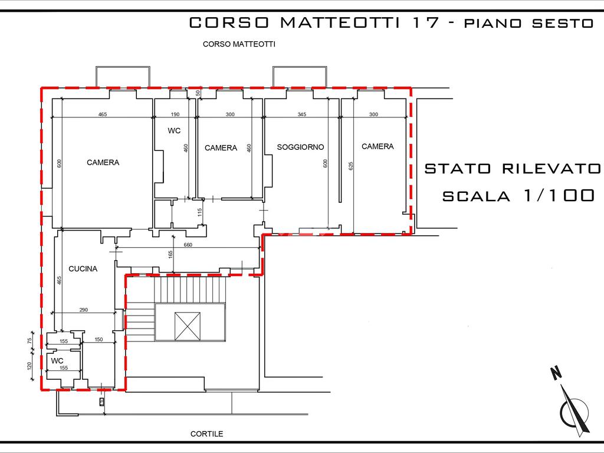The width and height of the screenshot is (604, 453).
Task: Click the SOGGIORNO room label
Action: [300, 147]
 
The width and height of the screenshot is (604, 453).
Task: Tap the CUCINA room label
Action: [83, 269]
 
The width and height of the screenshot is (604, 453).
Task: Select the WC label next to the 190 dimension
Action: [174, 131]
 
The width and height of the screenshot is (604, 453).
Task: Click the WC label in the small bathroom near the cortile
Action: [57, 361]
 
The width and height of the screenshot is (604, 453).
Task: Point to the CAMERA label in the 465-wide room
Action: [103, 163]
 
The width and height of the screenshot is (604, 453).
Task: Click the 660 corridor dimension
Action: [188, 245]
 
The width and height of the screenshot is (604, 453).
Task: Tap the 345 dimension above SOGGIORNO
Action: [302, 114]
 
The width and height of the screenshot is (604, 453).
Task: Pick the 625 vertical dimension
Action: [351, 166]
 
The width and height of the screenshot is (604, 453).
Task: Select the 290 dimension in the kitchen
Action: [84, 309]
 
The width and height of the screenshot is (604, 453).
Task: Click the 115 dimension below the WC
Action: [199, 212]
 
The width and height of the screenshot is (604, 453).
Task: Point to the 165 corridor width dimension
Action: [170, 255]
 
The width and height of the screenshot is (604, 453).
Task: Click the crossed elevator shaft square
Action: [188, 326]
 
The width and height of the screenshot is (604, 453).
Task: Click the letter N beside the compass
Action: [556, 373]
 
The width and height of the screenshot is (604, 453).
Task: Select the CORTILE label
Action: [207, 434]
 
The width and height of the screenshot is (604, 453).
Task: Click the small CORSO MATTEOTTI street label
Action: [239, 44]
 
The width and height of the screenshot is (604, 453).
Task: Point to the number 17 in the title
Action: [426, 23]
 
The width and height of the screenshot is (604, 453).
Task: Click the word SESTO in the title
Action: [563, 23]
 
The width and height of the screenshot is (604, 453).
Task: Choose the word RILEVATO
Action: [552, 169]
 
